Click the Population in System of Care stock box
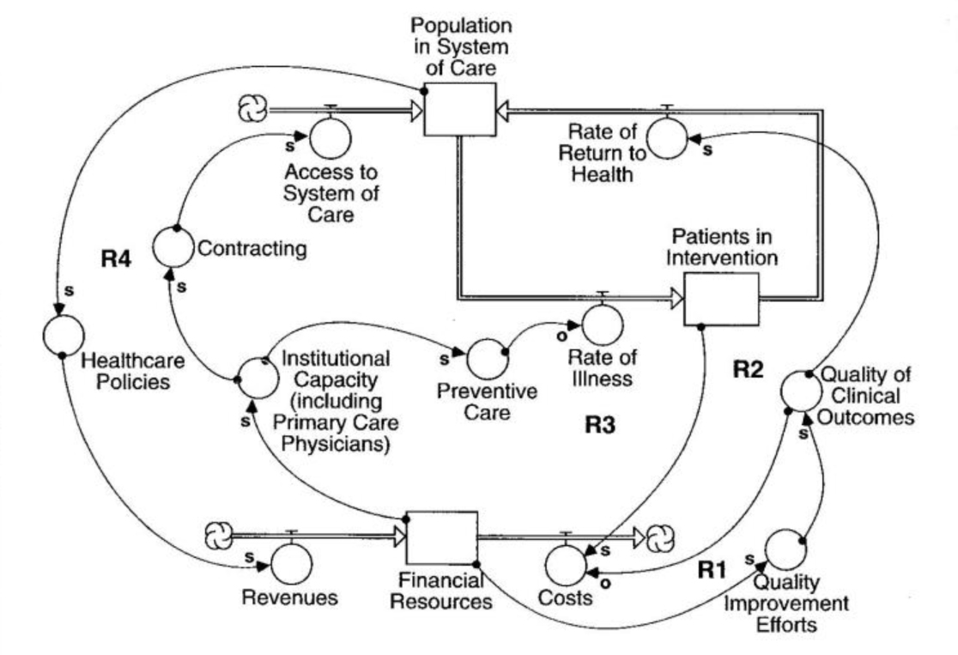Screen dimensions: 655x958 point(459,110)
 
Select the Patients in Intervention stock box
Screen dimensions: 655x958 point(721,299)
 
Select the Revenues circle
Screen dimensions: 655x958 point(293,562)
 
